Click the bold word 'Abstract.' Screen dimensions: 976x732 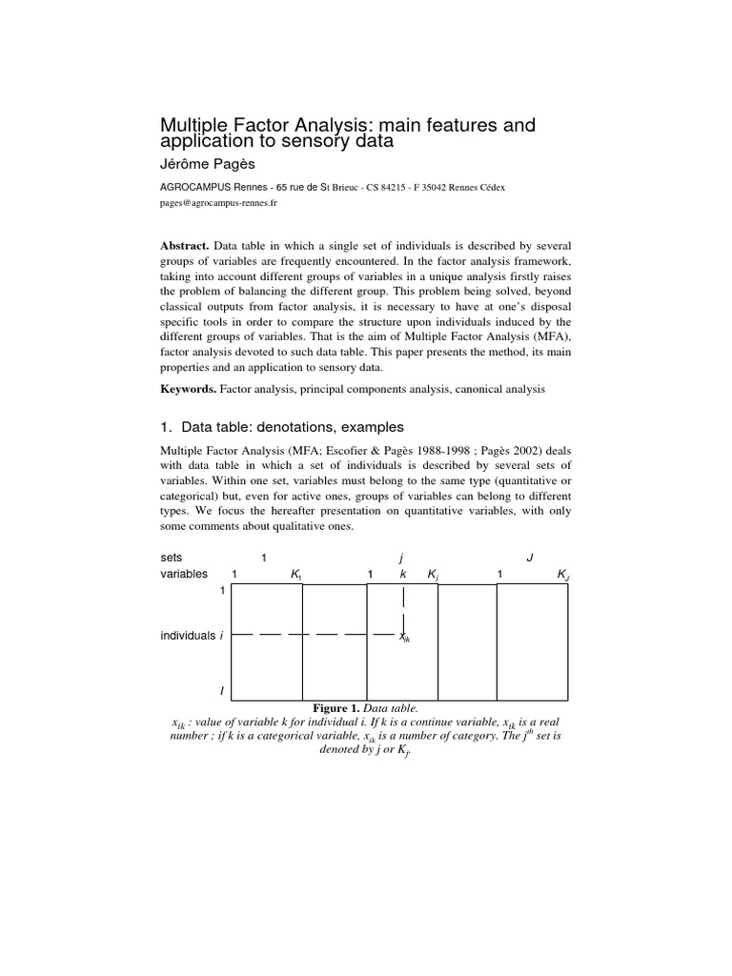tap(186, 245)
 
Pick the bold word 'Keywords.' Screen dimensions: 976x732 tap(189, 390)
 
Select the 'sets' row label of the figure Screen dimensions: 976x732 tap(172, 557)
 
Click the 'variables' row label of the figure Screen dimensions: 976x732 tap(183, 575)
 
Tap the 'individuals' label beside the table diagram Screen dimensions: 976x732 tap(187, 635)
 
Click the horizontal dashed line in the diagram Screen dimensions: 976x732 tap(315, 633)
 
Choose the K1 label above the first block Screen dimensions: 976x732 tap(295, 575)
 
